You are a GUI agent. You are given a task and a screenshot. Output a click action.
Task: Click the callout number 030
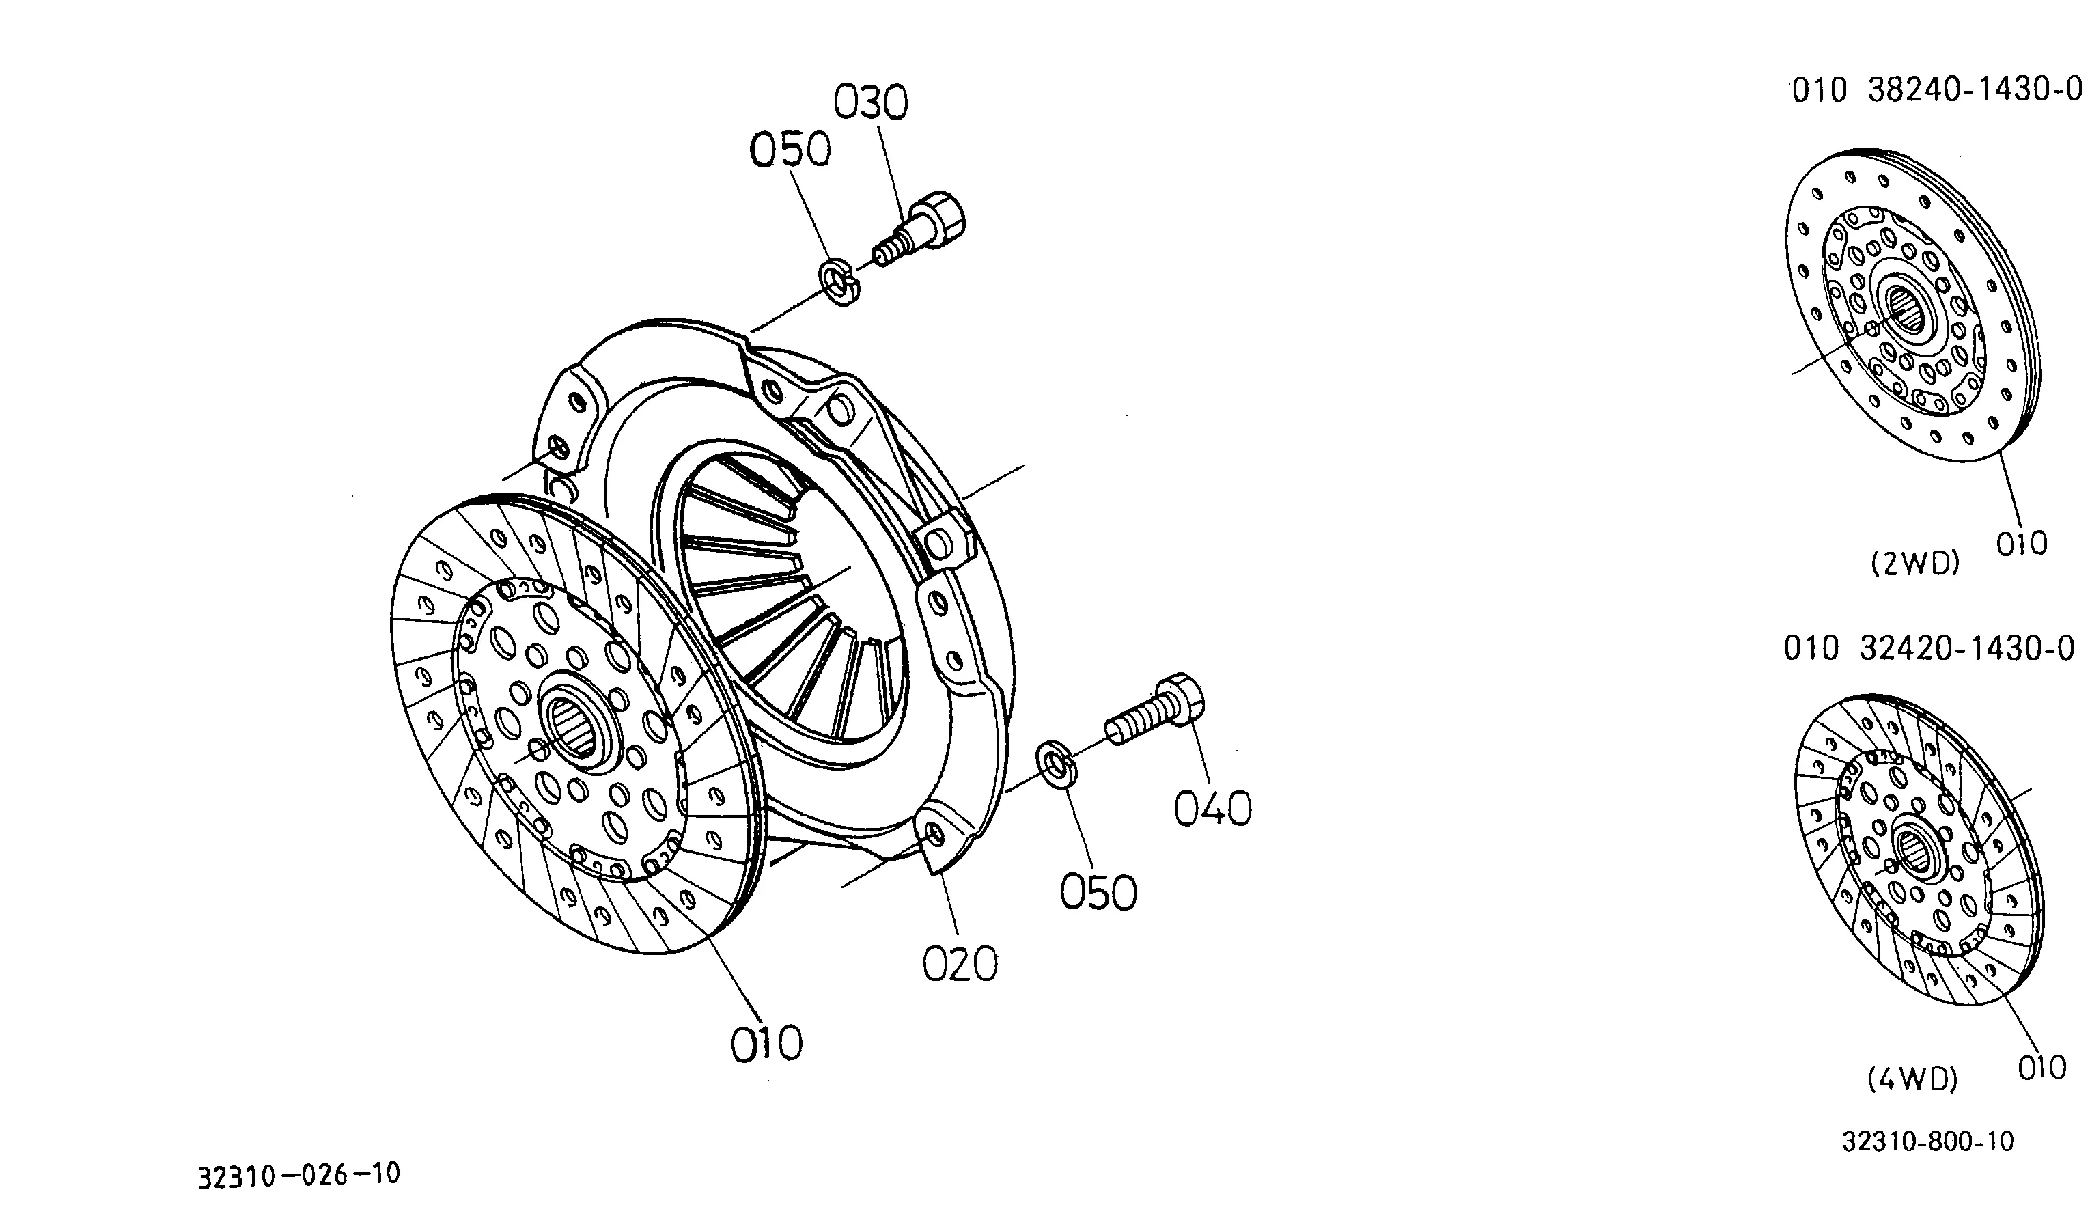(x=870, y=103)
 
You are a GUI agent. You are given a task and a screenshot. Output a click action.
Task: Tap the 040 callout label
(x=1213, y=809)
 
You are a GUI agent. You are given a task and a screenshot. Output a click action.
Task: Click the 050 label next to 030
(x=790, y=150)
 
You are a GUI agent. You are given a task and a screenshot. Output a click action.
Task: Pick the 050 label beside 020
(x=1099, y=893)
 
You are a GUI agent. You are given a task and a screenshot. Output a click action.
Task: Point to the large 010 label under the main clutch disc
(x=766, y=1044)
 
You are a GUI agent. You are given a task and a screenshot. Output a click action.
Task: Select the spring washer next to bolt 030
(x=840, y=281)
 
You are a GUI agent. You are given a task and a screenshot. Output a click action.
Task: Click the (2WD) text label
(x=1915, y=564)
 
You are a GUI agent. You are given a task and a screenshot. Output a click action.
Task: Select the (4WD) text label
(x=1913, y=1079)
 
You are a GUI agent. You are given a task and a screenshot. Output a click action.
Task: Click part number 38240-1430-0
(x=1975, y=90)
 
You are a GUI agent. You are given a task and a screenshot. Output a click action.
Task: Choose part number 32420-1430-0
(x=1968, y=649)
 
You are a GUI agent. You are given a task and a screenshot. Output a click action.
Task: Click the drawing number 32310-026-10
(x=298, y=1174)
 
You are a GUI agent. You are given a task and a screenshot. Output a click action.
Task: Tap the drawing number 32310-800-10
(x=1928, y=1142)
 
